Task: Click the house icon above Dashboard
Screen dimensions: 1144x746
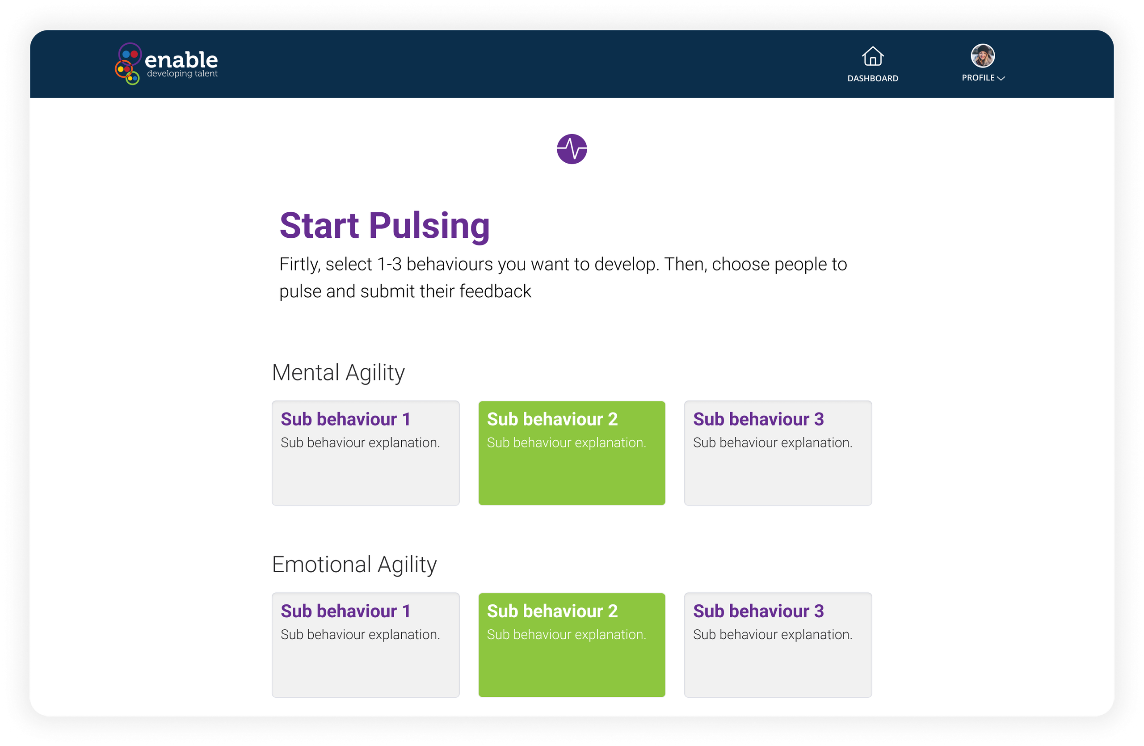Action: click(872, 56)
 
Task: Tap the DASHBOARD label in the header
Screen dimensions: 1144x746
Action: click(872, 78)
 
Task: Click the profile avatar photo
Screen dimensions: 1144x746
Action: click(983, 56)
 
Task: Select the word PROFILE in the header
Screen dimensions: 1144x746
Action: click(978, 78)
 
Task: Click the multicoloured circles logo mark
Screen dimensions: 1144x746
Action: click(128, 64)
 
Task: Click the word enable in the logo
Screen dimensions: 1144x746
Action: click(181, 60)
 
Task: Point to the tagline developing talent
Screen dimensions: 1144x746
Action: click(182, 74)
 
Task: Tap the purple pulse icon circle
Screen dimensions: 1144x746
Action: click(572, 149)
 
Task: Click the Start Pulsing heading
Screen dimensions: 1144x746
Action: click(385, 226)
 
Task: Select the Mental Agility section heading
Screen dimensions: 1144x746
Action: click(338, 372)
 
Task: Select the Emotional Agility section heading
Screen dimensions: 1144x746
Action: click(354, 565)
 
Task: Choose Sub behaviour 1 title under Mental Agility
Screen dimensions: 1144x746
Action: click(345, 419)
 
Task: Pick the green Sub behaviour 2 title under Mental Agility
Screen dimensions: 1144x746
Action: click(552, 419)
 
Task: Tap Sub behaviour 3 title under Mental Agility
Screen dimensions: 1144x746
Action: click(758, 419)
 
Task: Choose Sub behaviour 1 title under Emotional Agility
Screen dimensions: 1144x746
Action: click(345, 611)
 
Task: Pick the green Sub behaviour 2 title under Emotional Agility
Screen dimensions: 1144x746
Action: click(552, 611)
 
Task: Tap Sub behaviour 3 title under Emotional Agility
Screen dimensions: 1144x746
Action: click(758, 611)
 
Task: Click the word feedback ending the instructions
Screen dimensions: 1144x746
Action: click(495, 291)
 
